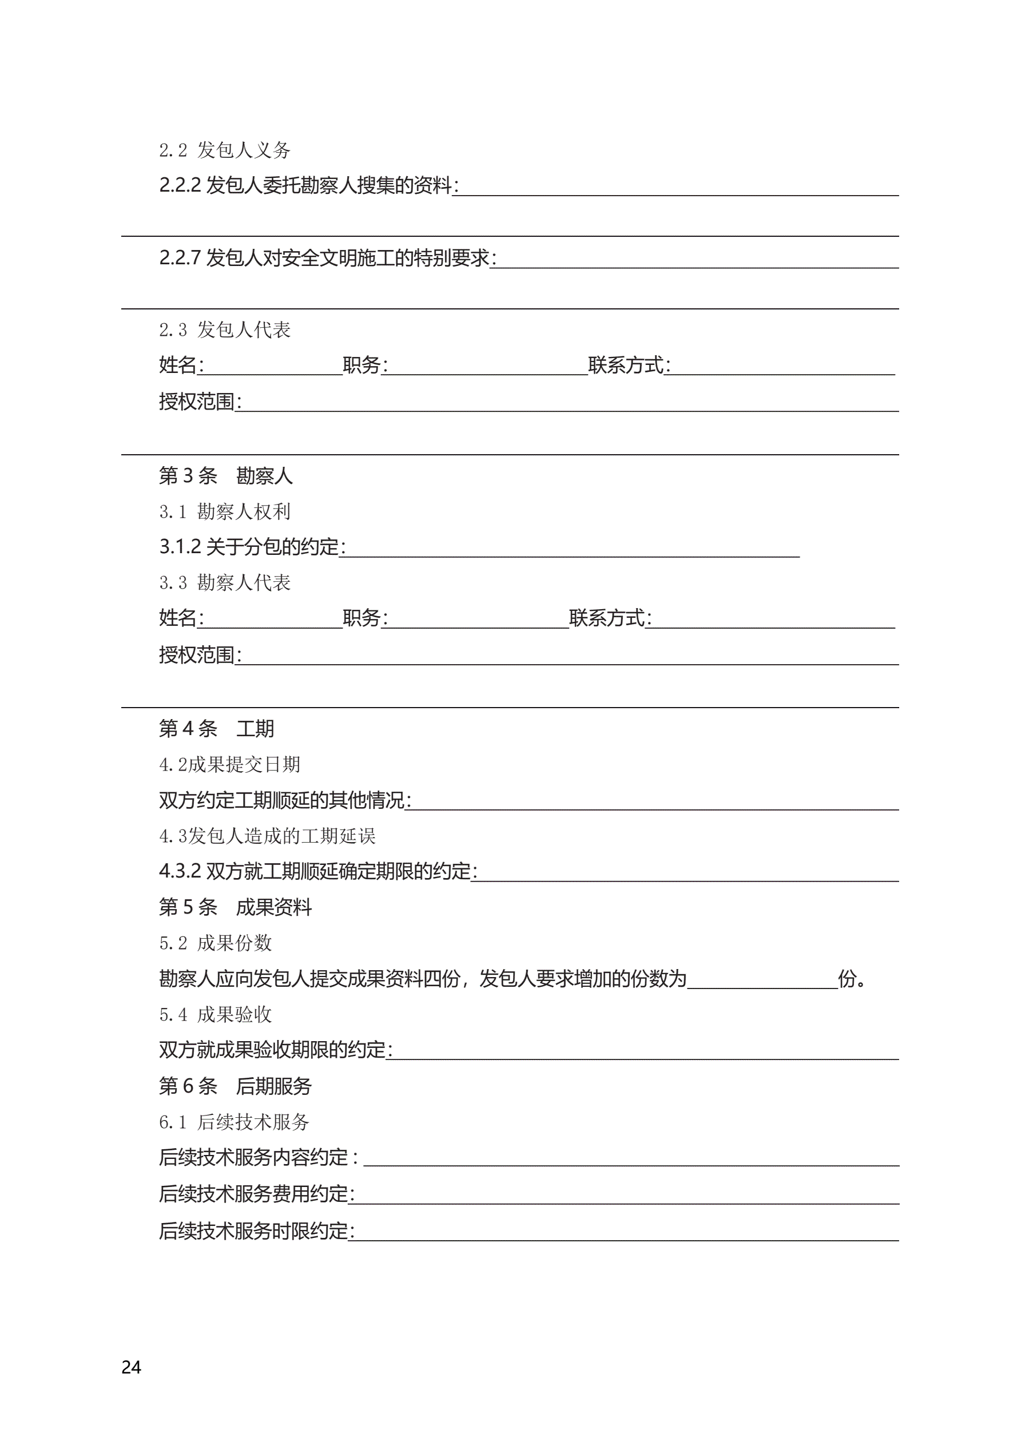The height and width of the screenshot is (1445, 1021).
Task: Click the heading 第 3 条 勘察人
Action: [x=225, y=476]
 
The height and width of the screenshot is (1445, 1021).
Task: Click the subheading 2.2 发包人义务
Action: [x=224, y=150]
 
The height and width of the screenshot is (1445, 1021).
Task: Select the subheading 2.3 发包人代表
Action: [x=224, y=330]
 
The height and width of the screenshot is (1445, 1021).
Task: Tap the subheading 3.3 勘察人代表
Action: [x=224, y=583]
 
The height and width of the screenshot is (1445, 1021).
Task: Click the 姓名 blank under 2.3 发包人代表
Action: [x=271, y=367]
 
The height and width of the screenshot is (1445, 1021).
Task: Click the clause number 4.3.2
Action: [x=180, y=871]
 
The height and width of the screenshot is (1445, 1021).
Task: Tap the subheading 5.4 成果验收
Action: [x=214, y=1014]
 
